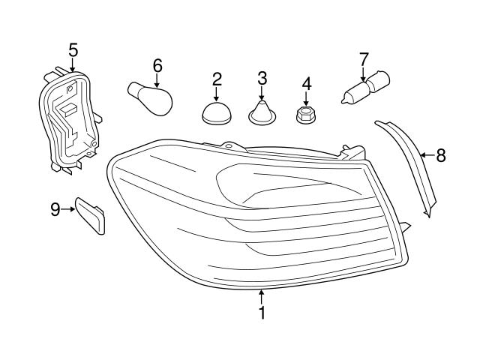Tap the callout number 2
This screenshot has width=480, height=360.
(x=217, y=78)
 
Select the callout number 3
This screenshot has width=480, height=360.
(x=262, y=78)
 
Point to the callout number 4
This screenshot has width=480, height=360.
(x=307, y=82)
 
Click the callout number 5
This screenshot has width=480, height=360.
(x=73, y=50)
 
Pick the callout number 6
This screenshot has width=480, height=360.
(x=157, y=65)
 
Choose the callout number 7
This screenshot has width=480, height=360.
(x=364, y=58)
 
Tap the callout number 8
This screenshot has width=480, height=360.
(x=440, y=155)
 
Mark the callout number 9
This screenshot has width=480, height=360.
(x=55, y=209)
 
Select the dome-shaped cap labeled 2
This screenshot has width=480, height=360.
(x=217, y=114)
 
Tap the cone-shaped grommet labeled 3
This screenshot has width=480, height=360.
(x=262, y=115)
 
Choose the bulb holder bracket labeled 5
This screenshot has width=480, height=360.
(x=68, y=120)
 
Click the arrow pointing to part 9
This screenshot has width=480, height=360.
(x=68, y=209)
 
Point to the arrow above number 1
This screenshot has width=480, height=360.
(x=262, y=295)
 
